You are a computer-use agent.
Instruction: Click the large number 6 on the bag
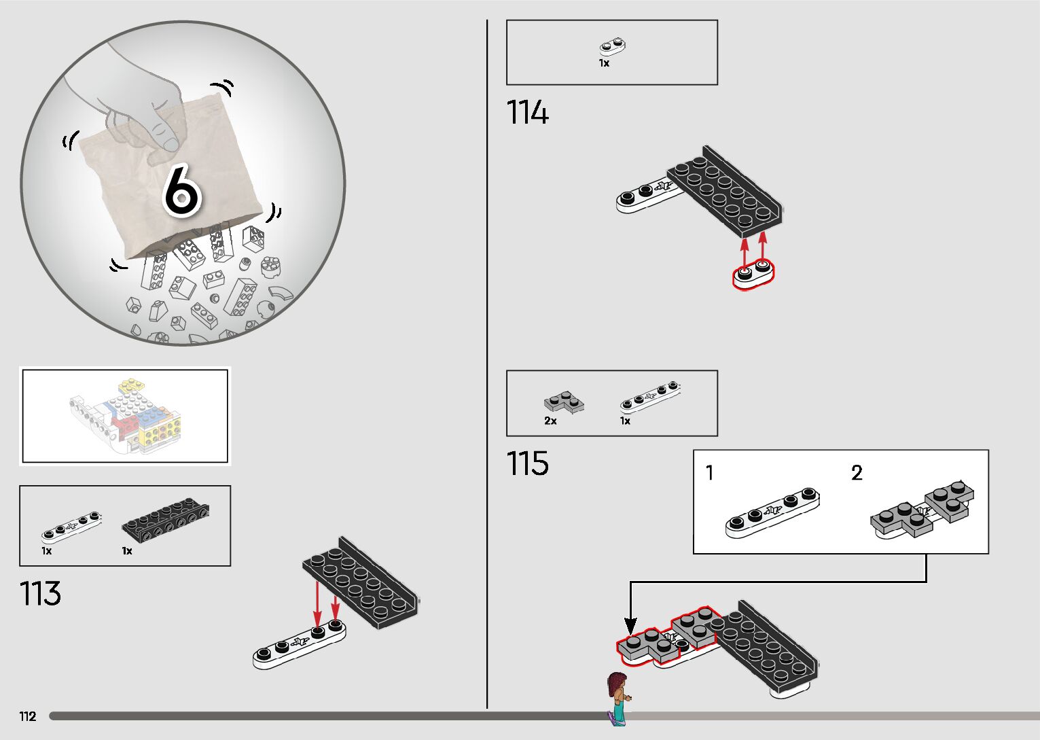183,191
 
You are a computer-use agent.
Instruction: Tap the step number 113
40,594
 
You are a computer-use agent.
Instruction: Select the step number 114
527,112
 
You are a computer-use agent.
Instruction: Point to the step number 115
527,463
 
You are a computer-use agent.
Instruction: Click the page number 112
28,716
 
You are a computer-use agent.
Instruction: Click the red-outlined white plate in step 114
753,275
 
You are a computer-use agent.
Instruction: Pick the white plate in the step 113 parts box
71,528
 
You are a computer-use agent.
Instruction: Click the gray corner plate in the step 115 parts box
564,402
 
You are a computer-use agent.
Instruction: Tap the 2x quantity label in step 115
550,421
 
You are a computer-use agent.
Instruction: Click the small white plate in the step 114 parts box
613,47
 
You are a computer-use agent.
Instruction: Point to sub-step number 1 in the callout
709,473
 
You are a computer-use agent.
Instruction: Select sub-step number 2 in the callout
857,473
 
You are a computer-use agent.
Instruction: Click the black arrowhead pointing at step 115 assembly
630,627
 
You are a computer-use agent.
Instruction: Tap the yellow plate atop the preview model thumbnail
132,385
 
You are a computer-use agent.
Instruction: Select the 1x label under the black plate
127,551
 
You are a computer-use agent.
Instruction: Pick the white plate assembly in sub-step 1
772,513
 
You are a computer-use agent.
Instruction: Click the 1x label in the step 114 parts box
604,63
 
